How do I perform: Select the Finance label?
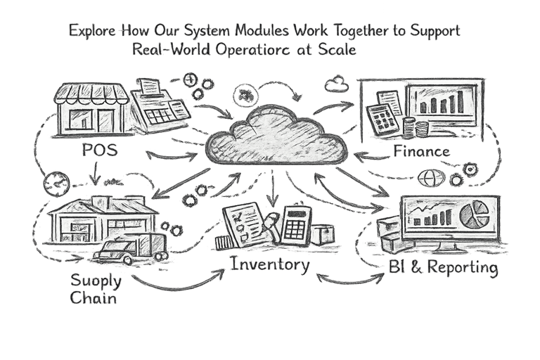click(x=422, y=150)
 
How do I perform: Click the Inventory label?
click(x=269, y=265)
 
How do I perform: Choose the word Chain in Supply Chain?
click(x=94, y=298)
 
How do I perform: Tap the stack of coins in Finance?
click(x=421, y=129)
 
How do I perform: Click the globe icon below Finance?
click(x=427, y=179)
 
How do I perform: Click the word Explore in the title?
click(x=92, y=31)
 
